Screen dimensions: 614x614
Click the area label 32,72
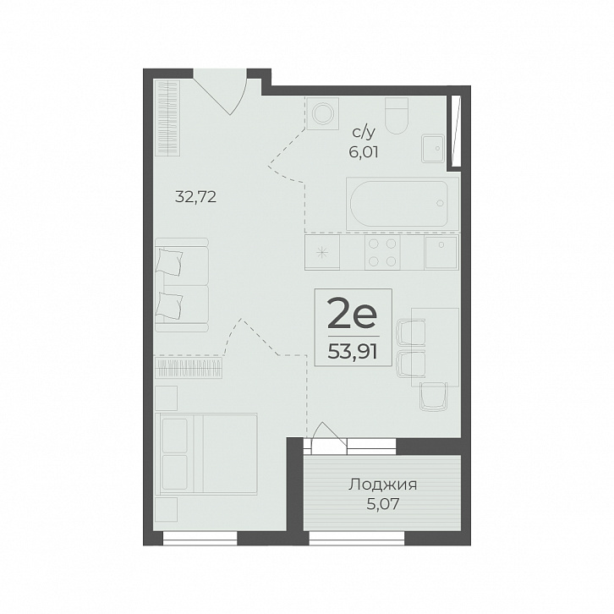(195, 197)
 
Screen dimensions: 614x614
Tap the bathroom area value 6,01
(364, 152)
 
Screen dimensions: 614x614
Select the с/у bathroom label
(364, 133)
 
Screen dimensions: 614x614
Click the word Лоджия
(382, 485)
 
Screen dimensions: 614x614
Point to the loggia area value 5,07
(382, 504)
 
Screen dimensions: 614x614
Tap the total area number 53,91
(353, 353)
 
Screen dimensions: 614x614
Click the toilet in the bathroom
(397, 116)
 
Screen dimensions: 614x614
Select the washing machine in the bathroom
(323, 113)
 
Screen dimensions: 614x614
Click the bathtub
(403, 204)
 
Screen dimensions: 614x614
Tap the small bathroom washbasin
(433, 148)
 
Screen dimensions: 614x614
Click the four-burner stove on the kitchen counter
(382, 253)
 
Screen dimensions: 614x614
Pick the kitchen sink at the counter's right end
(441, 253)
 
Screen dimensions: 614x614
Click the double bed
(206, 453)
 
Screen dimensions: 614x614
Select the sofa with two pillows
(182, 285)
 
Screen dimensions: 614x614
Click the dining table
(435, 347)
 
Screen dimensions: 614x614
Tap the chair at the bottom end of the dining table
(434, 397)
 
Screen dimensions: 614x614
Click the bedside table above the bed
(166, 397)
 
